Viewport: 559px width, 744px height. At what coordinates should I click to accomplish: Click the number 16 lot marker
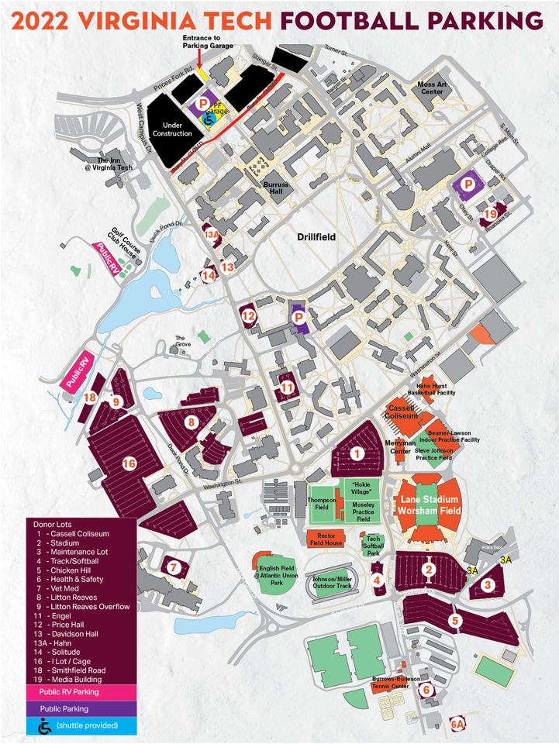coord(129,463)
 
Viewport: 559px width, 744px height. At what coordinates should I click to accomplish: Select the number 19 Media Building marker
coord(490,213)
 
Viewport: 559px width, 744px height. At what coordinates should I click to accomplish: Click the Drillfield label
coord(316,237)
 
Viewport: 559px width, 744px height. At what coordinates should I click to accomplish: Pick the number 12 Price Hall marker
coord(248,316)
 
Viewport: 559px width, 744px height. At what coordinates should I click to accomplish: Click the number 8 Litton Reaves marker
coord(192,422)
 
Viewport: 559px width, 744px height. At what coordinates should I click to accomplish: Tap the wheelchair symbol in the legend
coord(41,725)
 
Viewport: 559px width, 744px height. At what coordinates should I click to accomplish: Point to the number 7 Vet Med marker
coord(174,567)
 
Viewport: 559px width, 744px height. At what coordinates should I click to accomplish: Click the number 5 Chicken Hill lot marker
coord(455,619)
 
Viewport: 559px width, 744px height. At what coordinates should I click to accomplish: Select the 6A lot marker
coord(459,724)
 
